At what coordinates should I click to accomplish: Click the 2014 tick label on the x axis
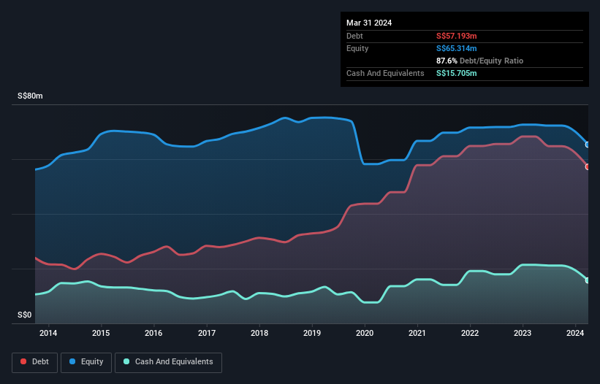pyautogui.click(x=48, y=333)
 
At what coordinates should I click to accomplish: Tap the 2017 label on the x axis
pyautogui.click(x=207, y=333)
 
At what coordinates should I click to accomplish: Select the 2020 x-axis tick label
pyautogui.click(x=365, y=333)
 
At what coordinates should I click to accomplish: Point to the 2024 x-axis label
pyautogui.click(x=575, y=333)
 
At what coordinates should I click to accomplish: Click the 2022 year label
pyautogui.click(x=470, y=333)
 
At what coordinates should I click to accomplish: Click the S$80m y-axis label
pyautogui.click(x=30, y=96)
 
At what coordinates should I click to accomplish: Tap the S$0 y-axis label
pyautogui.click(x=25, y=315)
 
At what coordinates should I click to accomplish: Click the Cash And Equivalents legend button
pyautogui.click(x=168, y=361)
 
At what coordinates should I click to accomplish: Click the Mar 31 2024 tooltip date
pyautogui.click(x=369, y=23)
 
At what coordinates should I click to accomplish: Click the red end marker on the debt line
pyautogui.click(x=588, y=166)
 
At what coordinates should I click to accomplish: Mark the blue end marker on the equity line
pyautogui.click(x=588, y=145)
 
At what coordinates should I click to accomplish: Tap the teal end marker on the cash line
pyautogui.click(x=588, y=280)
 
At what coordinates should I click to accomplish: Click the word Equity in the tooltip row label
pyautogui.click(x=358, y=48)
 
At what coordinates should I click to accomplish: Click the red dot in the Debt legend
pyautogui.click(x=24, y=362)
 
